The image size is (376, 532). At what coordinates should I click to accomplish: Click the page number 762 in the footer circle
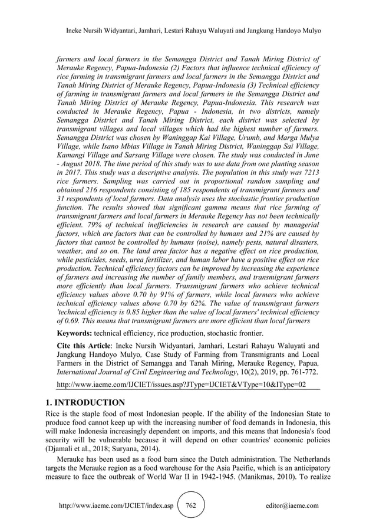tap(190, 505)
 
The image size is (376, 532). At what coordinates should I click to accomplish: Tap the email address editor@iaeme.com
tap(292, 505)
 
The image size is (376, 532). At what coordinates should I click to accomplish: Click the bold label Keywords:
tap(74, 333)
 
